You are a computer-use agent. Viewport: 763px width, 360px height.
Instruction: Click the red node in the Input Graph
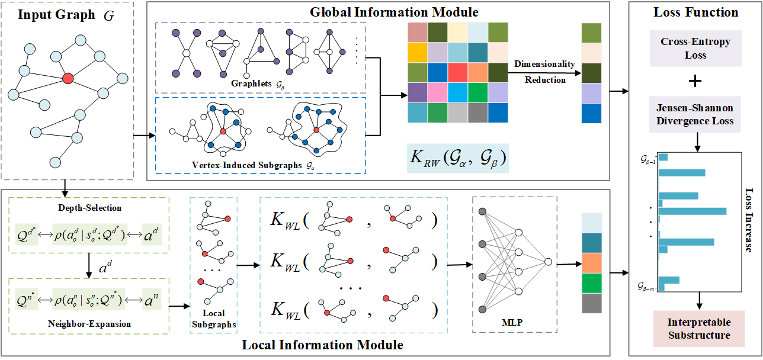click(x=68, y=78)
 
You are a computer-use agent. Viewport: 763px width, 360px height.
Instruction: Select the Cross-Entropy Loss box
click(x=695, y=49)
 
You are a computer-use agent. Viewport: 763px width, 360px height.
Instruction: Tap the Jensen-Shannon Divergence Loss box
click(x=695, y=115)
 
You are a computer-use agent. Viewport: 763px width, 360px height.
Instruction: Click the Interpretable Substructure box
click(x=699, y=329)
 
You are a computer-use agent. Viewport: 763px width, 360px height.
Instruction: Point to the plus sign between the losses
click(x=695, y=81)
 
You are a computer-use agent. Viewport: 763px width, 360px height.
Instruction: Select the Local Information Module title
click(x=323, y=344)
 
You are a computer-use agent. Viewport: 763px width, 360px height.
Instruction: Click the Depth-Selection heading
click(x=90, y=208)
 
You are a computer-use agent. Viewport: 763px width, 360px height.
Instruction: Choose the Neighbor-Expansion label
click(x=90, y=324)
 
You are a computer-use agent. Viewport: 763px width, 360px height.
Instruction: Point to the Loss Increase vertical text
click(x=748, y=220)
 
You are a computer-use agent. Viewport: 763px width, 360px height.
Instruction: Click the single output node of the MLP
click(x=549, y=262)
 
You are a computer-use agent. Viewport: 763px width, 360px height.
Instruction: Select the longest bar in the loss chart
click(x=693, y=211)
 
